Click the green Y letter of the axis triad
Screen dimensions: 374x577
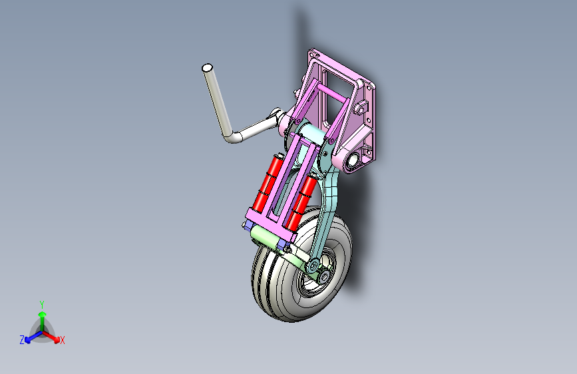(x=41, y=303)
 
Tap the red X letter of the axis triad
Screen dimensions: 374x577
(x=63, y=340)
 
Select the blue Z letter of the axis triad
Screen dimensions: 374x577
(x=22, y=339)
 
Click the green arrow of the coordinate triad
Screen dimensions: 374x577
(x=42, y=317)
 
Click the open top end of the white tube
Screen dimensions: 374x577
(x=207, y=68)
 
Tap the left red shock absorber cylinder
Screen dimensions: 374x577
(x=268, y=182)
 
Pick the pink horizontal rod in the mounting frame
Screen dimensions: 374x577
(x=333, y=93)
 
